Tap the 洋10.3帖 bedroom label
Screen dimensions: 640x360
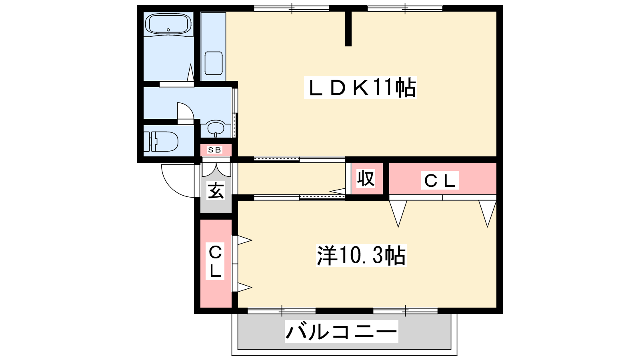pos(361,256)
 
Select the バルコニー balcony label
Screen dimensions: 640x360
pos(342,332)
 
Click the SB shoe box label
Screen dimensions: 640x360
pos(214,150)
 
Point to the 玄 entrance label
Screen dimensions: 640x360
pos(216,190)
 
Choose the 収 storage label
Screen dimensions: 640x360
pos(366,178)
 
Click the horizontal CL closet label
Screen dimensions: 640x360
pos(440,180)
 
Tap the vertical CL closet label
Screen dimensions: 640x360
pos(215,261)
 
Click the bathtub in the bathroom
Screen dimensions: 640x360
pos(168,24)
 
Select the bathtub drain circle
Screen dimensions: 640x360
pos(168,30)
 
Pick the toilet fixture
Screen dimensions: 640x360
pos(160,142)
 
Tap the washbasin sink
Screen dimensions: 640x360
pos(216,128)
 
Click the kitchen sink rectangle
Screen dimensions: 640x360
pos(214,64)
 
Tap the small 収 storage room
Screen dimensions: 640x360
pos(367,178)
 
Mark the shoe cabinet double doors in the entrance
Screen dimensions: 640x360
pos(216,170)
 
